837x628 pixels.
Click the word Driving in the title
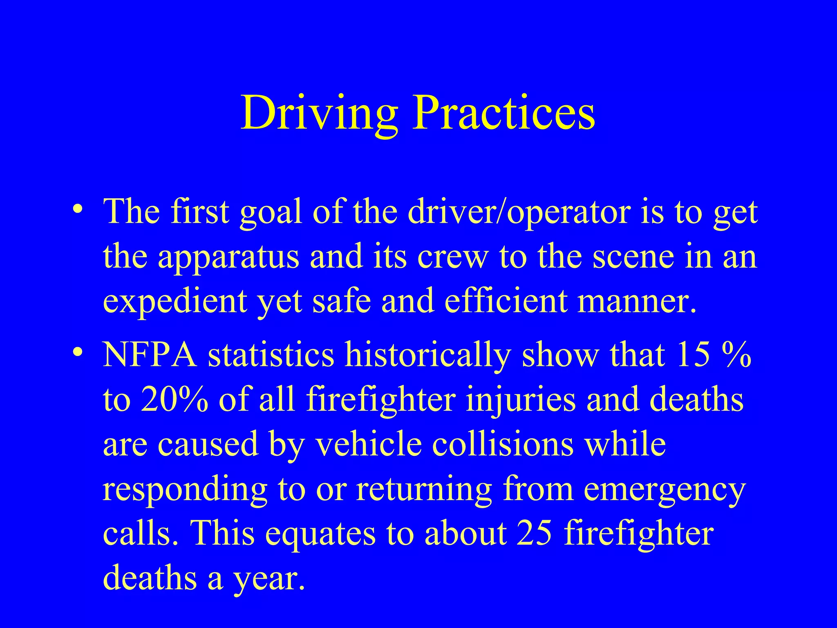[319, 113]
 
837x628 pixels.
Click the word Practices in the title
[504, 113]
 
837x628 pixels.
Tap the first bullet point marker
[78, 210]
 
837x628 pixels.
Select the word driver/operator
[519, 213]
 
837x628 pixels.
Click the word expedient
[175, 302]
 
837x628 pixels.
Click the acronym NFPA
[150, 354]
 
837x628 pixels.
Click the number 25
[535, 533]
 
